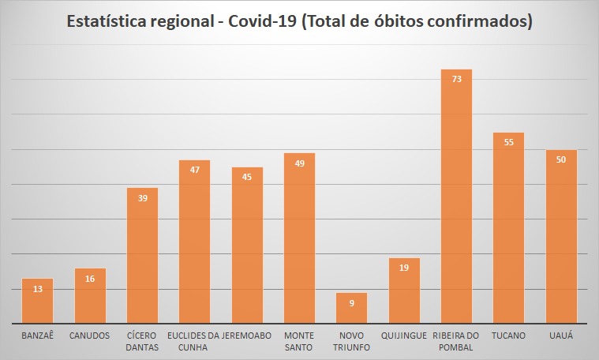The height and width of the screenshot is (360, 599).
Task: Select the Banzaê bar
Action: [37, 304]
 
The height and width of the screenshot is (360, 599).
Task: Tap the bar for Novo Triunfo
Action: [351, 309]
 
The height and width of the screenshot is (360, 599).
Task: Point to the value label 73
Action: [456, 79]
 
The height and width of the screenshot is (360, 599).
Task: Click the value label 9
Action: [351, 302]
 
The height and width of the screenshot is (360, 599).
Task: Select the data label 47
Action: [194, 170]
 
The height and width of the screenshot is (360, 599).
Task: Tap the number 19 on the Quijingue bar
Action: [404, 268]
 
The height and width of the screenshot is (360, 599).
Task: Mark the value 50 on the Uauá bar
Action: [560, 159]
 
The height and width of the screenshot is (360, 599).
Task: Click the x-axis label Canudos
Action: [90, 336]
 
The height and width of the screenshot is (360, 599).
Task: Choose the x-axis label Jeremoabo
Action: [247, 336]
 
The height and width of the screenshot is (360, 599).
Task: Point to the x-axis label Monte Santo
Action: [299, 341]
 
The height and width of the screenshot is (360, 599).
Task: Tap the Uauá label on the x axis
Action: [560, 336]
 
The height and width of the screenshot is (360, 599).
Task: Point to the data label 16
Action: [90, 278]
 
